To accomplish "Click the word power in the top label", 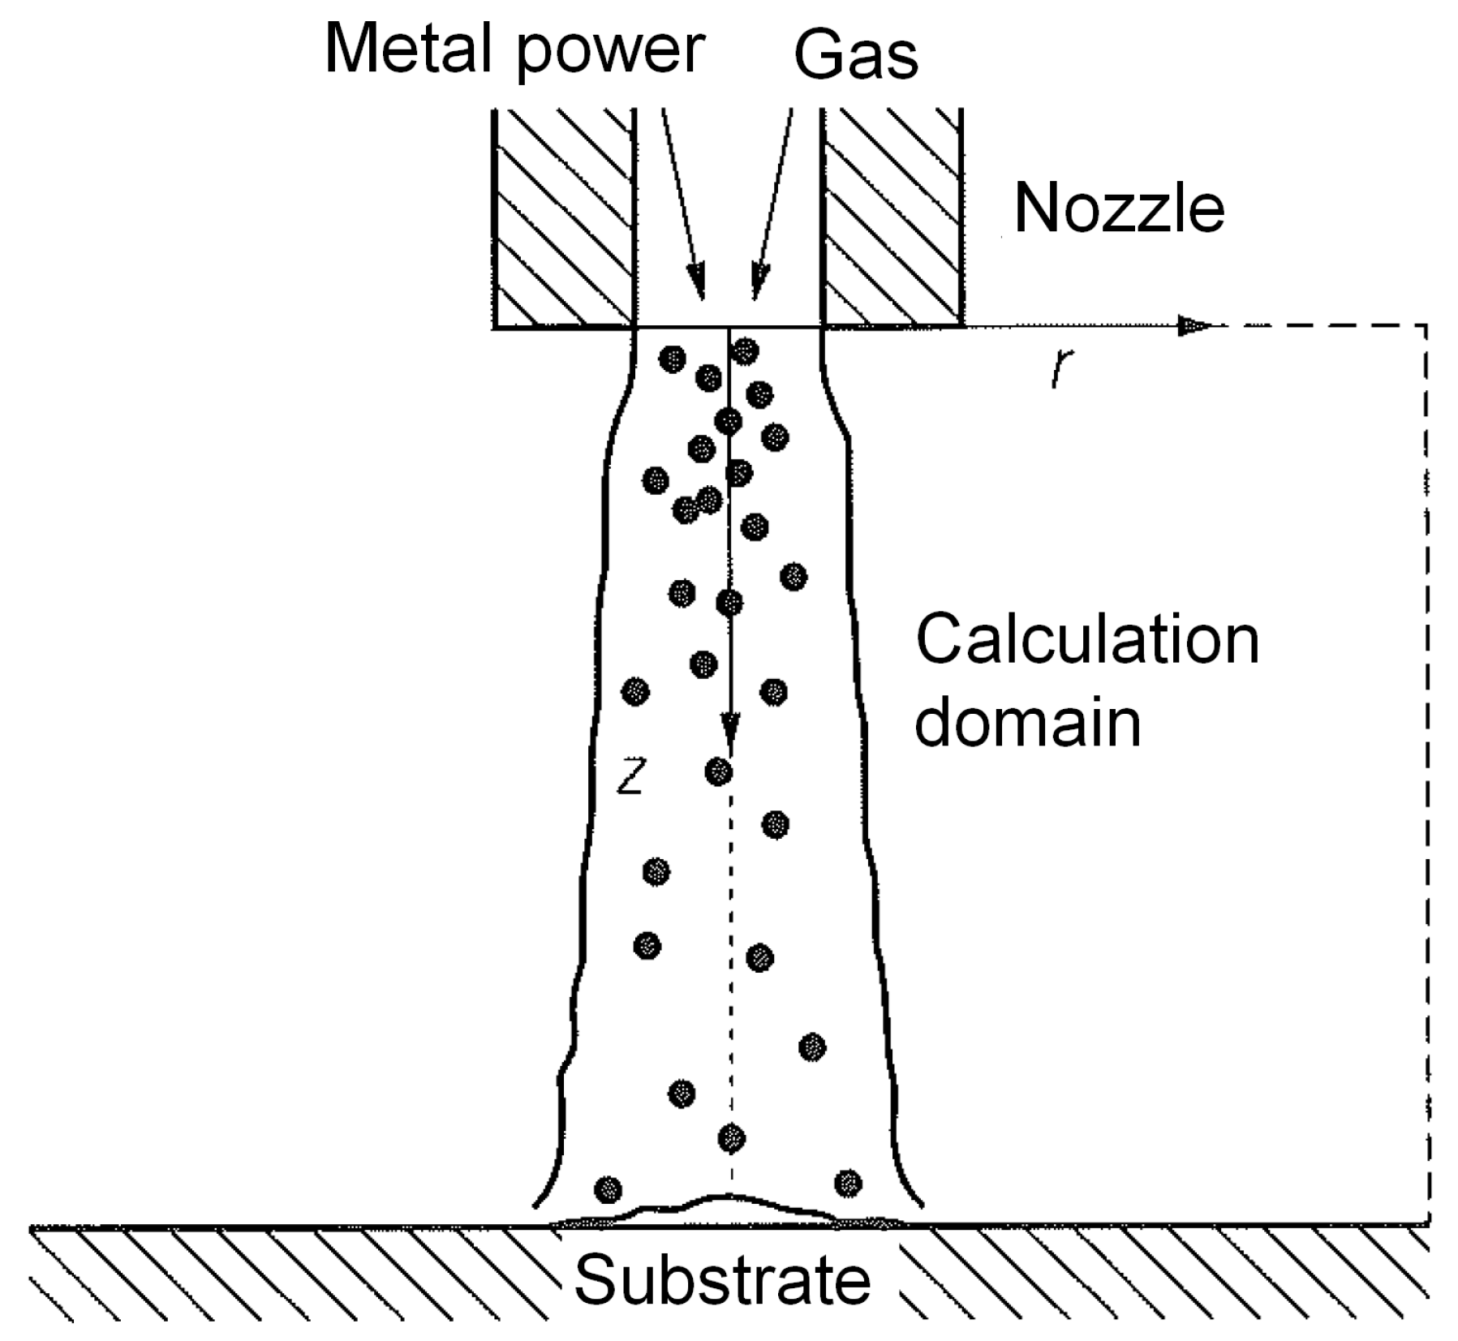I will pos(609,53).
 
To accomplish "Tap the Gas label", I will pos(855,55).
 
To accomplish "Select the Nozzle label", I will pos(1119,209).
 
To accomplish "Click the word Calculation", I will pos(1086,640).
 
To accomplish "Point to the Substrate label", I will pos(722,1280).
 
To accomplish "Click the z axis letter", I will pos(630,778).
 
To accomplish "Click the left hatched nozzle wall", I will pos(563,217).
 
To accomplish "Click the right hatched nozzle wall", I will pos(892,217).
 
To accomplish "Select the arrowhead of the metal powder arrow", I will pos(697,286).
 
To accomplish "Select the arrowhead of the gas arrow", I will pos(759,286).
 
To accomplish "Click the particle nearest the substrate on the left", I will pos(608,1190).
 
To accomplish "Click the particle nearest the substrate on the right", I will pos(848,1183).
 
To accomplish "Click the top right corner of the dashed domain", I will pos(1426,326).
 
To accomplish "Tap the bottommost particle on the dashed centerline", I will pos(731,1138).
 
